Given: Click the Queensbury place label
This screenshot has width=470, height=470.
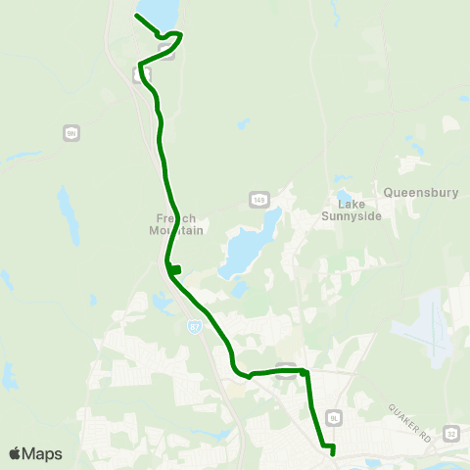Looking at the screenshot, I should pyautogui.click(x=421, y=193).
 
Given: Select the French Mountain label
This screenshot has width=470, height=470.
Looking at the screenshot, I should pyautogui.click(x=178, y=224).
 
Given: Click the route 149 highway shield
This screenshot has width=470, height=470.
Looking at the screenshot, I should pyautogui.click(x=258, y=200).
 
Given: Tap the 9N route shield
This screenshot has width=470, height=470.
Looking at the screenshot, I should pyautogui.click(x=70, y=132).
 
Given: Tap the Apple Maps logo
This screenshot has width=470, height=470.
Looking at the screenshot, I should pyautogui.click(x=35, y=453).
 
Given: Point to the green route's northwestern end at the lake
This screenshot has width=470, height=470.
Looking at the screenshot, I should pyautogui.click(x=135, y=17).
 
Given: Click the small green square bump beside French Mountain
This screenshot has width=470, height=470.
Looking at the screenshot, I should pyautogui.click(x=176, y=270).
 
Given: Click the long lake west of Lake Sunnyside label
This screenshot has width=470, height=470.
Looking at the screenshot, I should pyautogui.click(x=245, y=245).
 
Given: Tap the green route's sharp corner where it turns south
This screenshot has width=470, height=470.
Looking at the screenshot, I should pyautogui.click(x=305, y=373).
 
